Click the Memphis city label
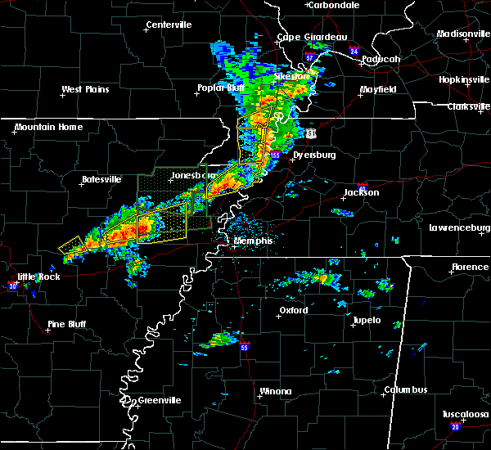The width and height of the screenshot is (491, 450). [254, 241]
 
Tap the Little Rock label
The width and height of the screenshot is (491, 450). [29, 277]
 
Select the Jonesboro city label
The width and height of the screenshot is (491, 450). [192, 176]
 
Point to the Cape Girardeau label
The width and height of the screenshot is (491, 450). [311, 37]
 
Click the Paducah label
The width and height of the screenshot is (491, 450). [381, 59]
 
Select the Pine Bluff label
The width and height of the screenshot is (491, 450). [67, 324]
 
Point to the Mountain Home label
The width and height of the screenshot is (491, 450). [48, 127]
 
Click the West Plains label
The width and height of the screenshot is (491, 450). [85, 89]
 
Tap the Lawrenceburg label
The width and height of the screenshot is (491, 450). [458, 227]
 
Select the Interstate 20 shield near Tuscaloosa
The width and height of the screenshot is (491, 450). [456, 427]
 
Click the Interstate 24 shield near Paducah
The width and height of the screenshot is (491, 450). [354, 51]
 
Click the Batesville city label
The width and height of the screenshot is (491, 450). [101, 178]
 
